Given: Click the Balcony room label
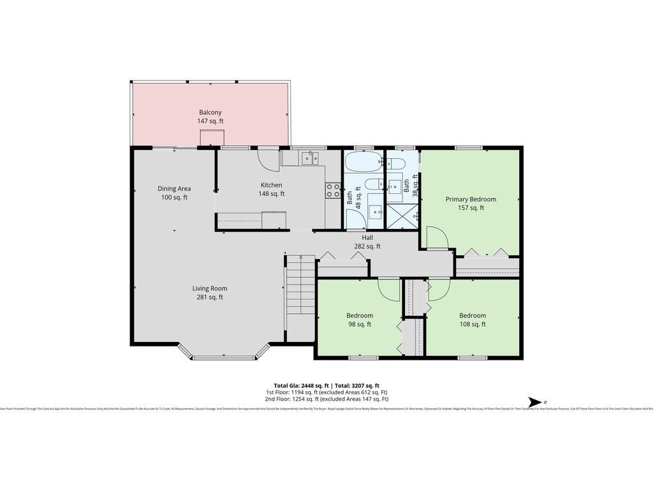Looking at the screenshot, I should pos(210,112).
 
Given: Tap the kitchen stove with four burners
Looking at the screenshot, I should pos(333,189).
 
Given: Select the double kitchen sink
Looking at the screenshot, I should pos(309,158).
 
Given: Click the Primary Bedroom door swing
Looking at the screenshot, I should pos(436,237).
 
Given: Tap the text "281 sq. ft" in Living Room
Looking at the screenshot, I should pos(210,297).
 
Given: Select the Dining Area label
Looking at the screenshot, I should pos(174,188).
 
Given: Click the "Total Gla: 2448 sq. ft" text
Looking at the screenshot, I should pos(301,385).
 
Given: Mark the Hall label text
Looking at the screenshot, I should pos(367,237).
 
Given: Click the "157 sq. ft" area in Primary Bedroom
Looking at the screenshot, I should pos(471,207).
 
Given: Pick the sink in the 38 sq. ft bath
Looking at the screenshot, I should pos(395,185).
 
